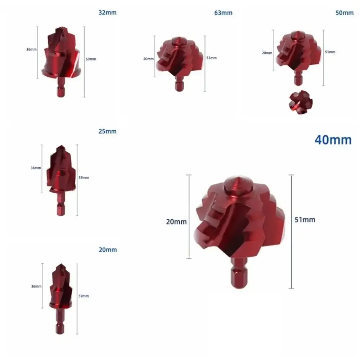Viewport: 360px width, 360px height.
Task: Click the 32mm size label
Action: (107, 13)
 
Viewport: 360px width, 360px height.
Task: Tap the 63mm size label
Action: (223, 13)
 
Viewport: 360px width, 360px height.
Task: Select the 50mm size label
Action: (345, 13)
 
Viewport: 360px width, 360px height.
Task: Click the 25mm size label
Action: (107, 131)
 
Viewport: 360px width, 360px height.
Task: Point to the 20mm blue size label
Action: (107, 250)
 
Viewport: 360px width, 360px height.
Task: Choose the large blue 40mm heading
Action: (333, 140)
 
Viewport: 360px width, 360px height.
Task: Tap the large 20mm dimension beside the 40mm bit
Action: (176, 222)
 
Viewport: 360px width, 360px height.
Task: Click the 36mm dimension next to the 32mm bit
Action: (31, 49)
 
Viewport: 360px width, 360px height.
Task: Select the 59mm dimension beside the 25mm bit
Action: (84, 177)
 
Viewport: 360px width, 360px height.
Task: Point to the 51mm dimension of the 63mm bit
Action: (212, 58)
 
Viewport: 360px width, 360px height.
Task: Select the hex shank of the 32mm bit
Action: (59, 90)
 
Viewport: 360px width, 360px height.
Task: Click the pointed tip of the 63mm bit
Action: (178, 38)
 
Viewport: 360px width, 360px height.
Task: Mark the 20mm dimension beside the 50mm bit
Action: (267, 53)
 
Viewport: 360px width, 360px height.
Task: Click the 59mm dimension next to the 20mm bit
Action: (84, 296)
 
